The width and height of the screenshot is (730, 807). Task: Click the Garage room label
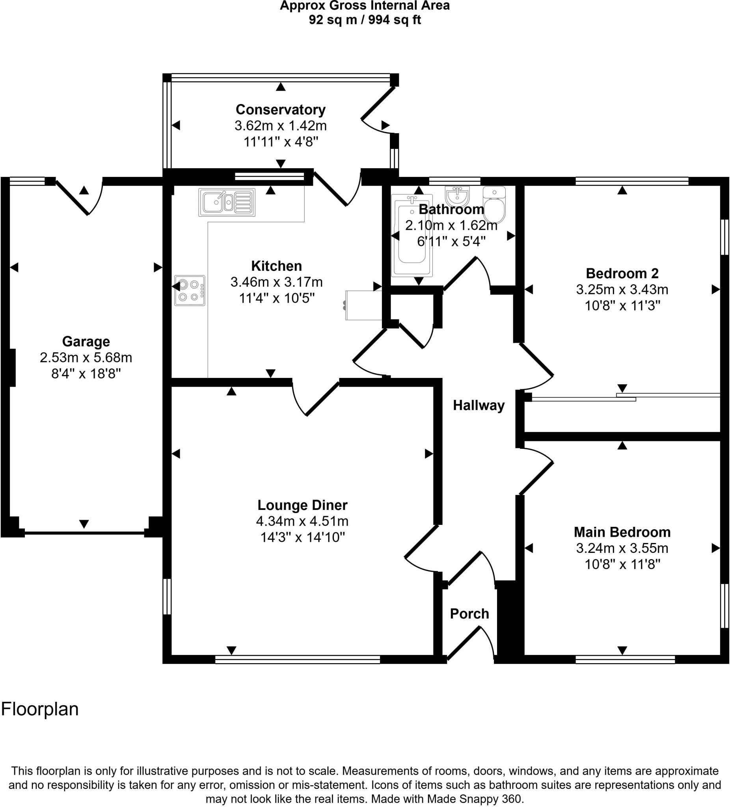click(x=86, y=342)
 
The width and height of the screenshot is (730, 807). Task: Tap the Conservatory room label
click(x=280, y=109)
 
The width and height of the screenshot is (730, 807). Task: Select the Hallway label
click(x=479, y=405)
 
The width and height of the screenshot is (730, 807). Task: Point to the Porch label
click(x=469, y=614)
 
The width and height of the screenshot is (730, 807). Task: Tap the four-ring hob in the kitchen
click(x=190, y=291)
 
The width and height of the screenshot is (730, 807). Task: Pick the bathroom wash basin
click(x=457, y=196)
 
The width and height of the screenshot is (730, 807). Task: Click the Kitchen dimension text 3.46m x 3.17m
click(x=276, y=282)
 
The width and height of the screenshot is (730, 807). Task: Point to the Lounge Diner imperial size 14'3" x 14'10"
click(x=302, y=537)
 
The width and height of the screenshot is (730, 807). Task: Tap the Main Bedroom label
click(x=622, y=532)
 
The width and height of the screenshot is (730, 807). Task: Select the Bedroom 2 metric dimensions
click(x=622, y=289)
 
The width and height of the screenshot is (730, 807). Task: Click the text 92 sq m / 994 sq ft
click(x=364, y=20)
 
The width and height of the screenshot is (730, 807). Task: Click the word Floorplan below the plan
click(x=40, y=709)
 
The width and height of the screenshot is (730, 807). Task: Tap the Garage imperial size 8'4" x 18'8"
click(x=86, y=374)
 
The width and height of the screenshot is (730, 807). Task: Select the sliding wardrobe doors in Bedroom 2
click(x=625, y=398)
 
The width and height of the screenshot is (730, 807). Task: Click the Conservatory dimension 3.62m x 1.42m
click(x=280, y=126)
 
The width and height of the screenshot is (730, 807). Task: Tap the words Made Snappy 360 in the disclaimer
click(x=475, y=799)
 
